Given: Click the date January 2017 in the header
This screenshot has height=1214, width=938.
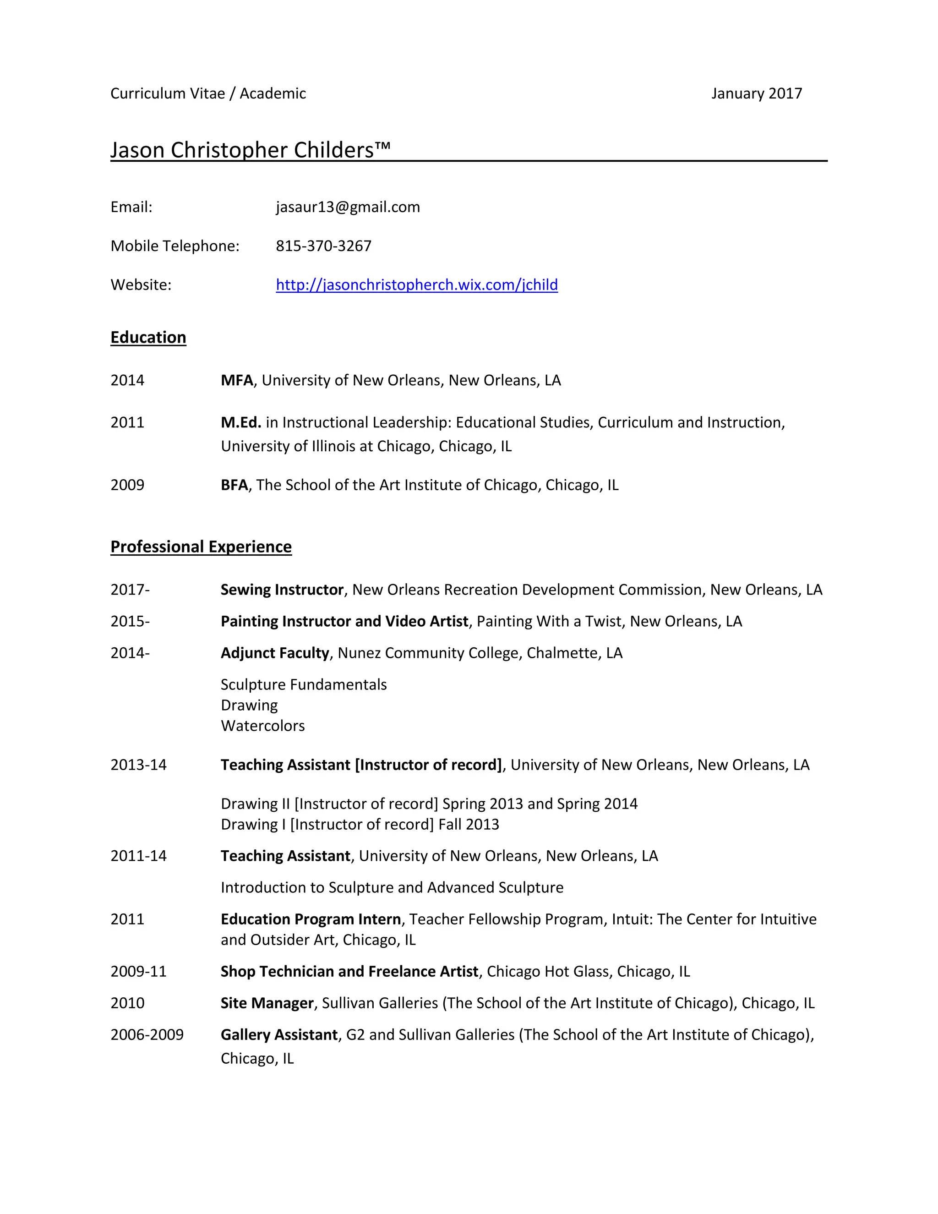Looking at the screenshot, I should click(x=756, y=93).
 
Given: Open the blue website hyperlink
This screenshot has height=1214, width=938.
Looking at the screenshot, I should click(x=417, y=284).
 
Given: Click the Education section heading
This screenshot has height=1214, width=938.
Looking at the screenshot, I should click(x=148, y=338).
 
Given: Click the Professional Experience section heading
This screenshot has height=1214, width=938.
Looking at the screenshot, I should click(x=201, y=547).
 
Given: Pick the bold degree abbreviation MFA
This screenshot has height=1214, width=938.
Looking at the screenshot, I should click(x=236, y=380).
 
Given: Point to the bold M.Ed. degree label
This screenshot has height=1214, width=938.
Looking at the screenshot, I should click(x=240, y=422).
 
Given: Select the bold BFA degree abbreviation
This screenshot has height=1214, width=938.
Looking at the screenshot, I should click(x=234, y=485).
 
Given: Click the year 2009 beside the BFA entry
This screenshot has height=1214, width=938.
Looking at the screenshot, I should click(x=127, y=485).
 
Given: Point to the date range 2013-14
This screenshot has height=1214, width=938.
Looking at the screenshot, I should click(x=138, y=765).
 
